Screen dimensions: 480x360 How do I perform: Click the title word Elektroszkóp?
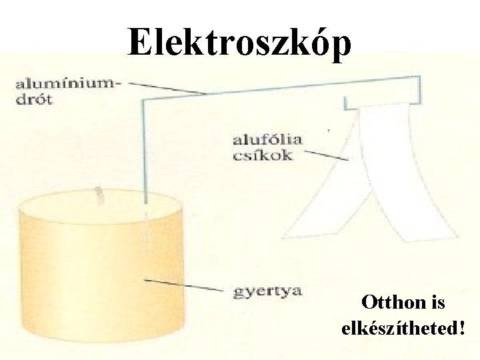coord(239,43)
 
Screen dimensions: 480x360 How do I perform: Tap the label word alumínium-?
coord(67,85)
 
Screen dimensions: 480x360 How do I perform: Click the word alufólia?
coord(267,141)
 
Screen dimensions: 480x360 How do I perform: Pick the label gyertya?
coord(267,291)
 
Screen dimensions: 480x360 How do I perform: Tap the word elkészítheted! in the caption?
coord(403,328)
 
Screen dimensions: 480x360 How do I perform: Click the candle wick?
coord(101,195)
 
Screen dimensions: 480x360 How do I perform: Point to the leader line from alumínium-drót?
coord(167,87)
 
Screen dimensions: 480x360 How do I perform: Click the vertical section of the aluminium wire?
coord(143,153)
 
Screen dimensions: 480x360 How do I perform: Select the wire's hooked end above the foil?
coord(347,103)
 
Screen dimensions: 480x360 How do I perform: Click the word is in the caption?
coord(438,303)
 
